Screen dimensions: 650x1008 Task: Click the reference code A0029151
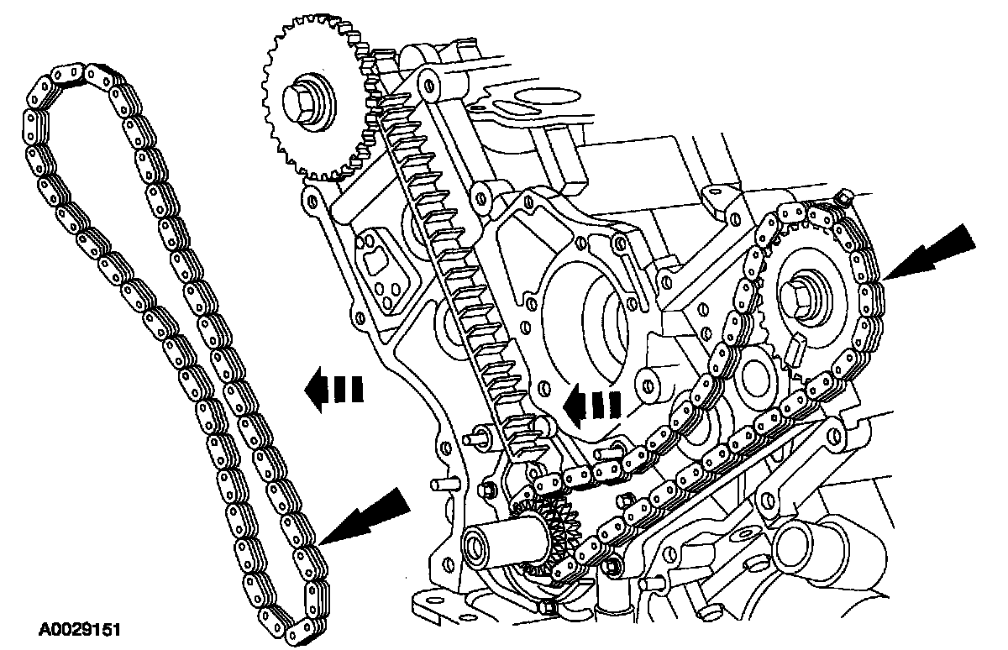[81, 627]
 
